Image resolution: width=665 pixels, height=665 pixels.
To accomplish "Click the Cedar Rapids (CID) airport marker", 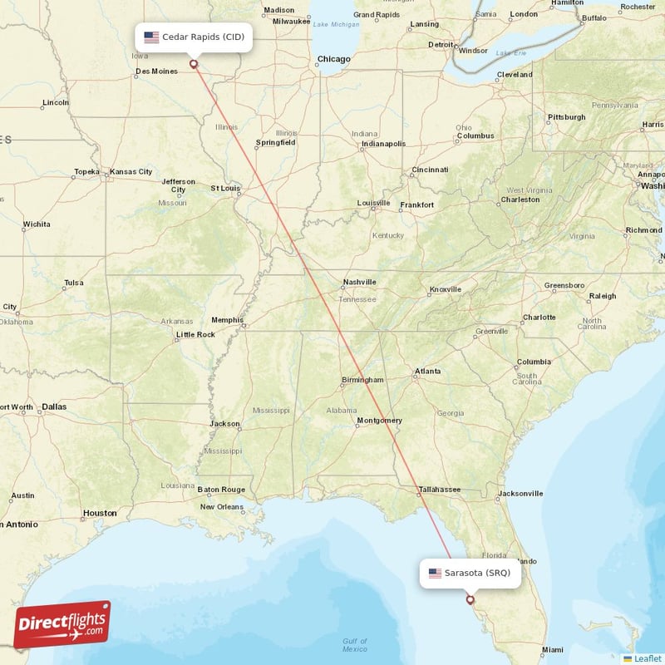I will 194,63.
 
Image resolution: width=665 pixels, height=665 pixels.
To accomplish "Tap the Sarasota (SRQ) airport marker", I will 470,599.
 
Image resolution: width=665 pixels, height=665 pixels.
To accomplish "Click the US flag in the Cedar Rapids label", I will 151,37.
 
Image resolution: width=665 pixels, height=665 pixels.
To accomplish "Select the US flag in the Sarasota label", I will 436,574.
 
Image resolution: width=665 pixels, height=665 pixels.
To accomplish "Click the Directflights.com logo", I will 62,625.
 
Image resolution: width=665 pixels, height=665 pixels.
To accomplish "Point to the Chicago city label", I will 333,59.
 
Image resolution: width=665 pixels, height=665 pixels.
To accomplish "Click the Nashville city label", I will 359,283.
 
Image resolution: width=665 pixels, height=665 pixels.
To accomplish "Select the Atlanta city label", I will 428,371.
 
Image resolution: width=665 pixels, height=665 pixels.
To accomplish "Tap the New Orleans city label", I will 221,506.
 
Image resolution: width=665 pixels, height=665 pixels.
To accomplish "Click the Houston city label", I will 100,513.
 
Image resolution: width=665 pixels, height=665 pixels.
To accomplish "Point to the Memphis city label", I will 227,320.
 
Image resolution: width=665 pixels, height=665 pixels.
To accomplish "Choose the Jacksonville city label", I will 520,493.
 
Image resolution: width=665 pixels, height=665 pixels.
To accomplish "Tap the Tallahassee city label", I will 439,490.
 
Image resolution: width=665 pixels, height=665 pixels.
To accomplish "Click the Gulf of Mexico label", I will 355,644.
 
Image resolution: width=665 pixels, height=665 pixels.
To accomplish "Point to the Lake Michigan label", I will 336,24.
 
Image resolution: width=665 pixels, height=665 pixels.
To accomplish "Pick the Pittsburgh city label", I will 566,117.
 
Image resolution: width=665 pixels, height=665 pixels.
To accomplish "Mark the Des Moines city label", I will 156,71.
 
